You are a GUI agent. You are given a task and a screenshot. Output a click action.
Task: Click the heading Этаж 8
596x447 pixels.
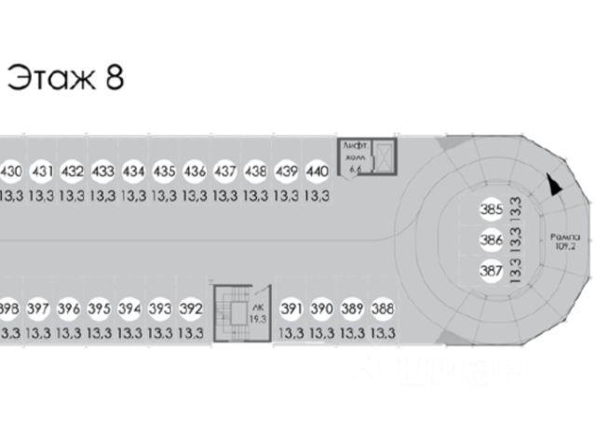[x=65, y=77]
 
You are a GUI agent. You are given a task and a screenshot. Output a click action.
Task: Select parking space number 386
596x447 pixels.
[x=491, y=241]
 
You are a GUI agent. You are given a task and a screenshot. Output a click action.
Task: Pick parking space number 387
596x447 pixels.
[x=491, y=272]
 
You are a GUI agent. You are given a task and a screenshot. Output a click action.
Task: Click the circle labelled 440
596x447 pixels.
[x=317, y=171]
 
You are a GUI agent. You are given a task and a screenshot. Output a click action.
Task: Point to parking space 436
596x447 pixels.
[x=195, y=171]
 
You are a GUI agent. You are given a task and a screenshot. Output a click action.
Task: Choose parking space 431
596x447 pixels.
[x=42, y=171]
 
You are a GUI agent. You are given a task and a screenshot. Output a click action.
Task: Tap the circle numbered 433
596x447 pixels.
[x=102, y=171]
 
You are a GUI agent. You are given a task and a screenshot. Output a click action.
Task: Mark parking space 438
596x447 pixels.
[x=256, y=171]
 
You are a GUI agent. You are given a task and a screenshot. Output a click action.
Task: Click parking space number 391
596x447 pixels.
[x=291, y=308]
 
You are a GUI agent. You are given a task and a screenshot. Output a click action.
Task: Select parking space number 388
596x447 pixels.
[x=382, y=308]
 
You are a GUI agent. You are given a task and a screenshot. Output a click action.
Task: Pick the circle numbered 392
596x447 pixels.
[x=191, y=308]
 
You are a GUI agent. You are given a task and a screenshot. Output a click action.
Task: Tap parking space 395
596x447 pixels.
[x=99, y=308]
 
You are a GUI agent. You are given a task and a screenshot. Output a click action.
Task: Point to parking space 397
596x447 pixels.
[x=38, y=308]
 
